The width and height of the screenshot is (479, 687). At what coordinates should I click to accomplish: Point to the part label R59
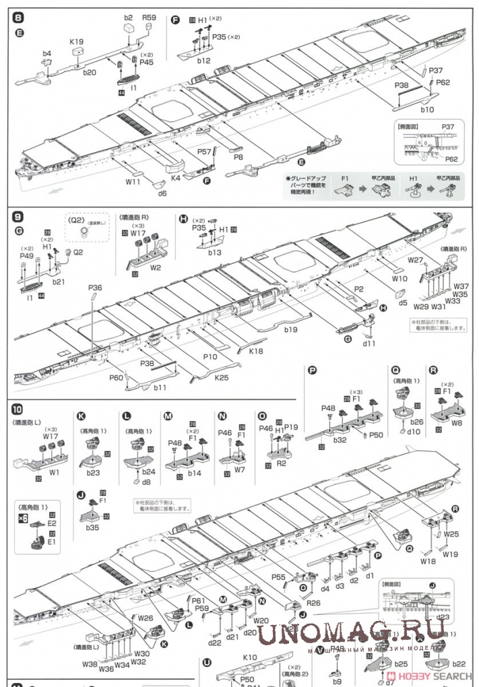coord(149,18)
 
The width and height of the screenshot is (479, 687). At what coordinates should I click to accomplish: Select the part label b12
coord(205,61)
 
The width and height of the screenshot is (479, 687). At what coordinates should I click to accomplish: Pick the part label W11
coord(133,181)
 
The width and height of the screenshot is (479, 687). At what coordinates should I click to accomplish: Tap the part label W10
coord(400,277)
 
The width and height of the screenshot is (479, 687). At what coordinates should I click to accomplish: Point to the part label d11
coord(369,343)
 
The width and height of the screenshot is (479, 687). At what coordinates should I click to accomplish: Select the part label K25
coord(222,378)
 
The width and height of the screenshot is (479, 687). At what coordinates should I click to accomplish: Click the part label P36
coord(95,288)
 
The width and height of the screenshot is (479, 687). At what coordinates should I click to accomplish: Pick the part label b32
coord(340,439)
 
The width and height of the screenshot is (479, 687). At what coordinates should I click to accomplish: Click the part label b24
coord(149,472)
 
